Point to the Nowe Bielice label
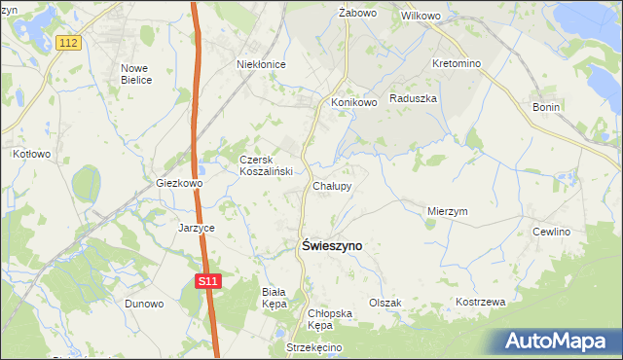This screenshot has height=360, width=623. [135, 74]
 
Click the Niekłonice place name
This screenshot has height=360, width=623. [261, 64]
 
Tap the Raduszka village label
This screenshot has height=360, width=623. [413, 98]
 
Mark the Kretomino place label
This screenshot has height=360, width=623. [458, 63]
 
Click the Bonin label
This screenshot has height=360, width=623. [546, 107]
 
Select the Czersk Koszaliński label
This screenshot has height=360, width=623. [261, 165]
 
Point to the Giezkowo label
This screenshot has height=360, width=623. [179, 183]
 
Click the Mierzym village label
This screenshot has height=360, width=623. [448, 210]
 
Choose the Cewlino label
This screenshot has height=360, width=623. [551, 232]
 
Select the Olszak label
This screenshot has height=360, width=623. [385, 303]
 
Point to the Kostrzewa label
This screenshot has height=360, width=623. [481, 302]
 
